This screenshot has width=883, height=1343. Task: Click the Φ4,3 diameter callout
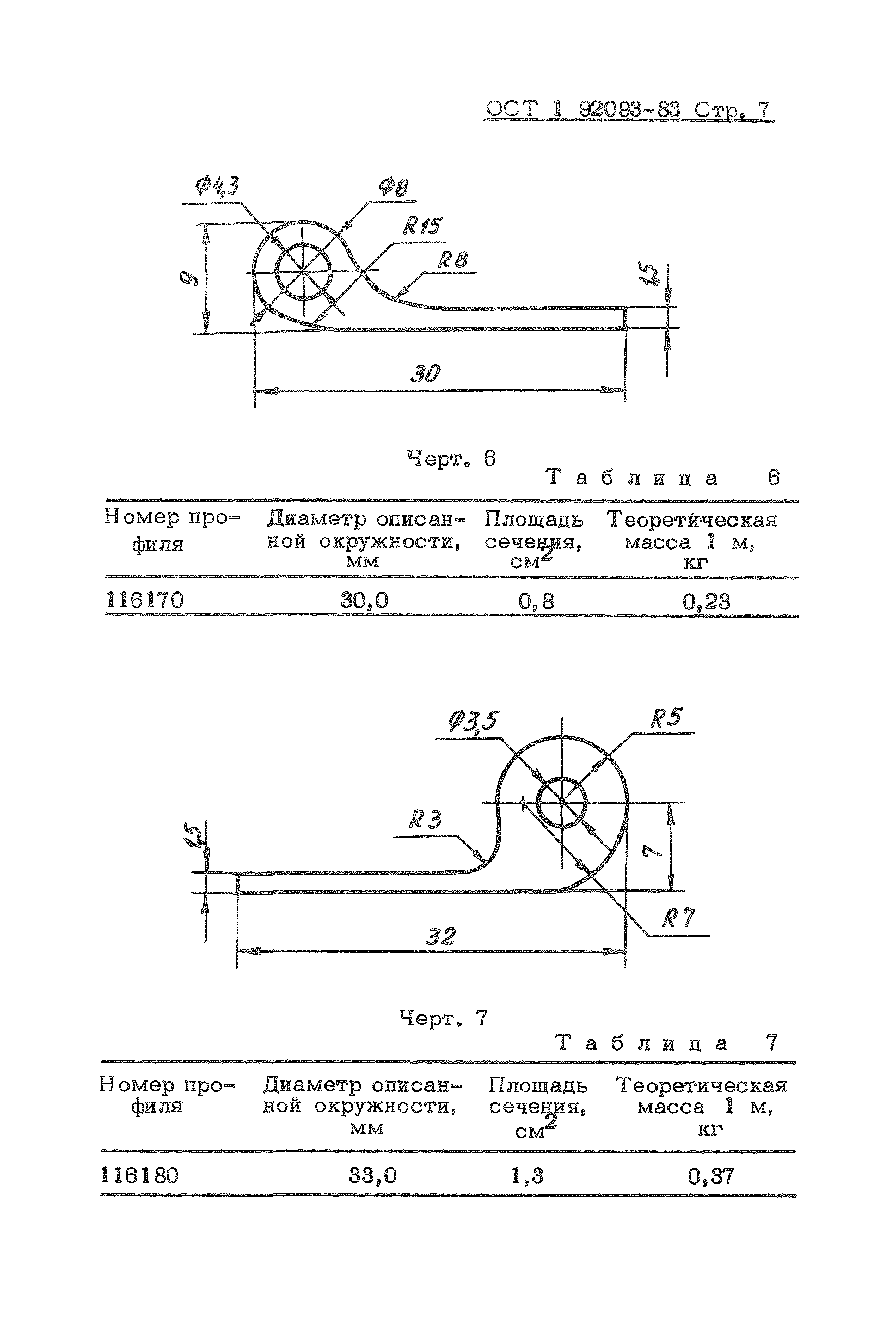pos(217,186)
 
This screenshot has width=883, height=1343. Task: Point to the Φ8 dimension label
pos(393,187)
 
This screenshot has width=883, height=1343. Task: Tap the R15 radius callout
pos(421,225)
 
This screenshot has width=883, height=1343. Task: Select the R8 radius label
pos(452,260)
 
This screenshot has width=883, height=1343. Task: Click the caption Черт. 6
pos(451,458)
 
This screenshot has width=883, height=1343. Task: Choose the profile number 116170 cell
pos(145,599)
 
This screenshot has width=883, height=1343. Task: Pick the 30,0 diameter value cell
pos(364,600)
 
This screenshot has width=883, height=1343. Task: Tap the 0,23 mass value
pos(707,602)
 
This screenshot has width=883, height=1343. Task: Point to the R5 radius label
pos(666,718)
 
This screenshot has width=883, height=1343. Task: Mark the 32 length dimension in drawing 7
pos(439,937)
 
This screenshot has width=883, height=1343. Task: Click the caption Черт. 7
pos(443,1018)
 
